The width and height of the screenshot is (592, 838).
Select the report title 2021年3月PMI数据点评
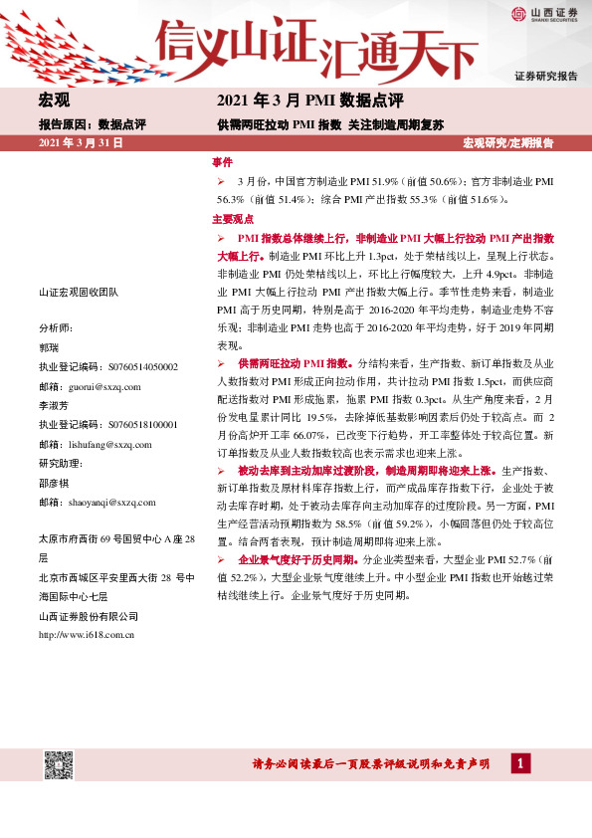(309, 101)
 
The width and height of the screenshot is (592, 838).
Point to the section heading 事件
(222, 161)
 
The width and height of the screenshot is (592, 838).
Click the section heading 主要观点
(233, 219)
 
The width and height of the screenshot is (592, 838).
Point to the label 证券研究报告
(545, 76)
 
